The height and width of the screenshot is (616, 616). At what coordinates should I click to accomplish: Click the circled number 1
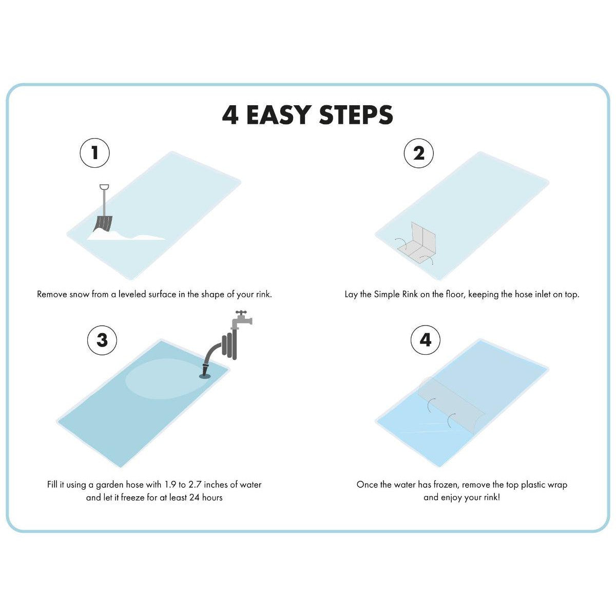tap(94, 153)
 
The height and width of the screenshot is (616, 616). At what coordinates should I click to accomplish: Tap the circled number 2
tap(419, 153)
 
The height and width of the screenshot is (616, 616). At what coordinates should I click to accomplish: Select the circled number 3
tap(102, 340)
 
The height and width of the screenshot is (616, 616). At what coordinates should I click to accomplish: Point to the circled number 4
tap(426, 340)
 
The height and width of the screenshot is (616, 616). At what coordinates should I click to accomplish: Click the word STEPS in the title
tap(356, 115)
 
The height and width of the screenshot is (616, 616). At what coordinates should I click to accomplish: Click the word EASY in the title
tap(279, 115)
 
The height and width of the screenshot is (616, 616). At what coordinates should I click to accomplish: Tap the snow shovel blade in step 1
tap(103, 224)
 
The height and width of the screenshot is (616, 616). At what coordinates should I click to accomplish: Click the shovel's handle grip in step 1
tap(104, 187)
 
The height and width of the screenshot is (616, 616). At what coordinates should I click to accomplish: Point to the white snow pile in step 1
tap(126, 235)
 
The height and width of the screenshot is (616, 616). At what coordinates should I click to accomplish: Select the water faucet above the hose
tap(242, 319)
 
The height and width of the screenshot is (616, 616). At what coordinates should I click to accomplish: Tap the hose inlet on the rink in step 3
tap(205, 371)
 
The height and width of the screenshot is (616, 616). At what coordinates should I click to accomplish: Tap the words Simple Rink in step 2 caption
tap(396, 295)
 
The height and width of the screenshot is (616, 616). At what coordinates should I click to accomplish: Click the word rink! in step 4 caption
tap(491, 498)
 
